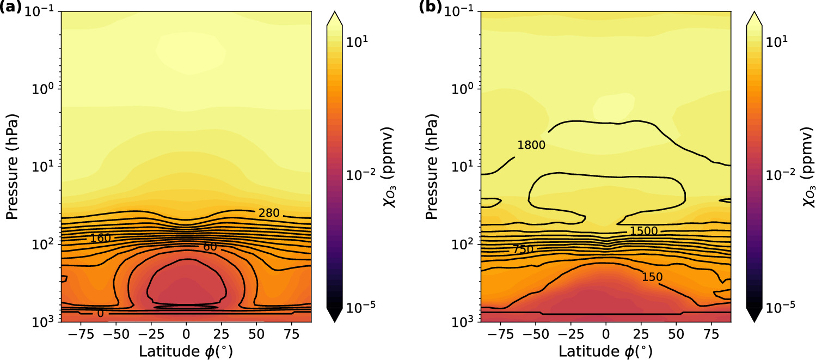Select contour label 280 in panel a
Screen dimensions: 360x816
pos(269,213)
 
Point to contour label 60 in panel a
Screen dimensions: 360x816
pos(210,247)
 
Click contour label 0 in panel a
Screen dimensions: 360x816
pos(101,314)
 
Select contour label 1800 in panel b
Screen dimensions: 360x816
pos(531,145)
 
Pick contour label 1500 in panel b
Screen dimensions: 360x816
pos(644,231)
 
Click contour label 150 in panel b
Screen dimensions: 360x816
pos(652,277)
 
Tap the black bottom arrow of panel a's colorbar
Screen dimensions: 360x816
pos(334,315)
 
